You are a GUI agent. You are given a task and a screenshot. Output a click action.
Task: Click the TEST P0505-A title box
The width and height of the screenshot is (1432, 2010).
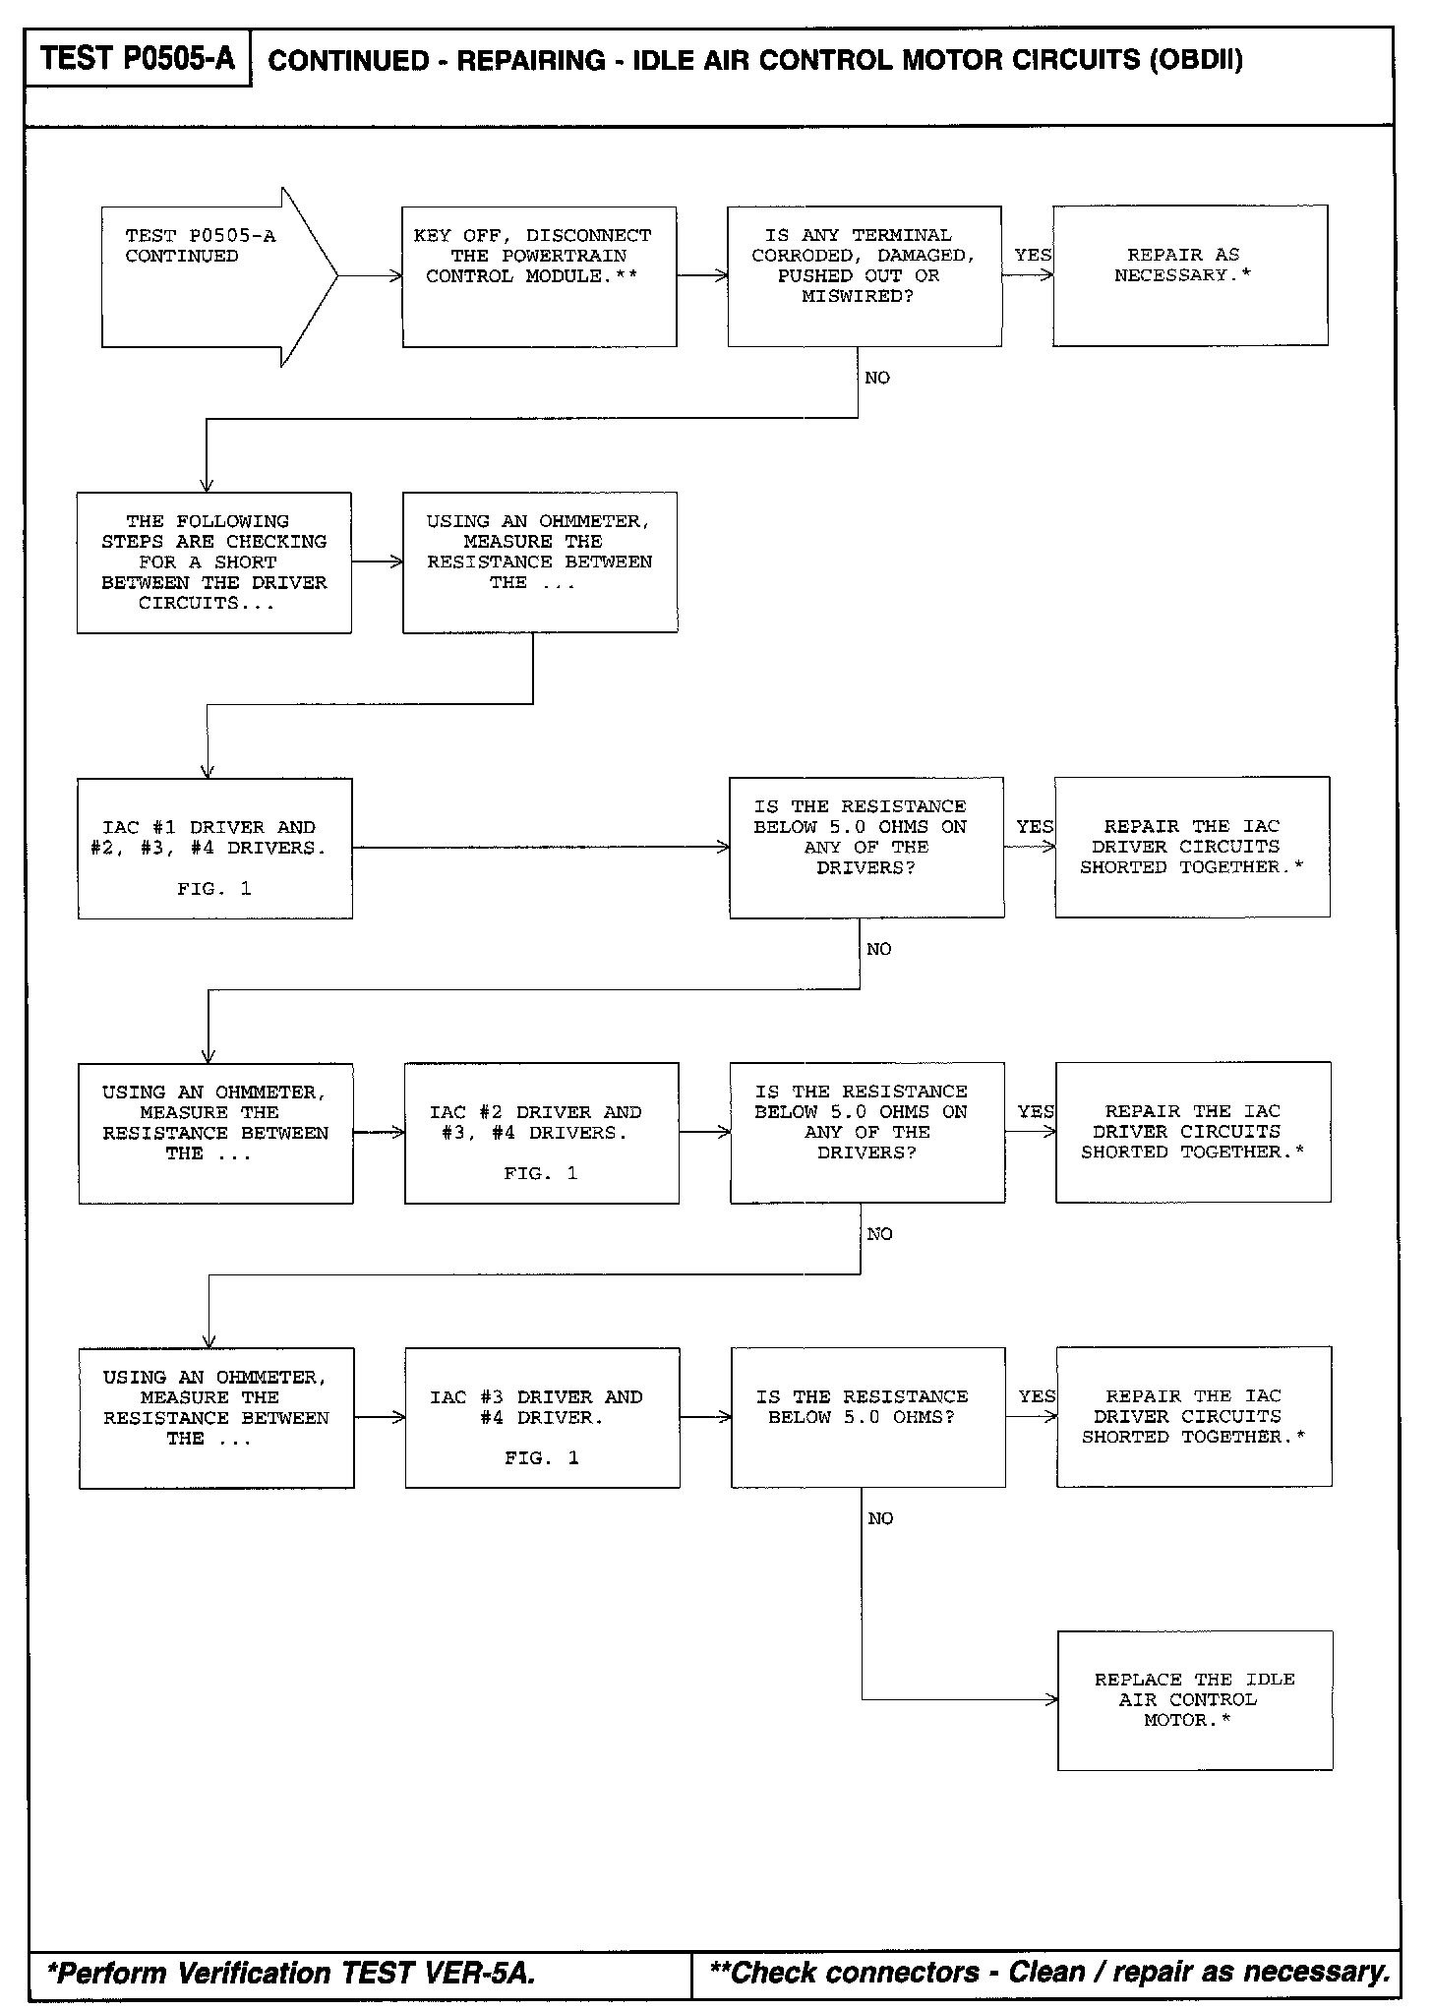(x=139, y=59)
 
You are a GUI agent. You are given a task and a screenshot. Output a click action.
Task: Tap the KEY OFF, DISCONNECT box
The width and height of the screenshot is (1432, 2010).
(x=539, y=276)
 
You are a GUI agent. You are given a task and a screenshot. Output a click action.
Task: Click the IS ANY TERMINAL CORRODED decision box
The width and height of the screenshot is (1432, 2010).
(x=865, y=276)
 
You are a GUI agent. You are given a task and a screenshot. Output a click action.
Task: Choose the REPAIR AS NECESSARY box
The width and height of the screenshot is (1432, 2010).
(x=1190, y=275)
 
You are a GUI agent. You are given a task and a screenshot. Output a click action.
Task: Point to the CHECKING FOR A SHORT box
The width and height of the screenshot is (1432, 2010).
(x=214, y=562)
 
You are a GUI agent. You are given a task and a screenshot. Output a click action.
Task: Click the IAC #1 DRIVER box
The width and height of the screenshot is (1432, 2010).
(x=215, y=848)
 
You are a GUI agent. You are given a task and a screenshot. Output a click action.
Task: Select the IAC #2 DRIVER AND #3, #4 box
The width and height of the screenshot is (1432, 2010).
(x=542, y=1133)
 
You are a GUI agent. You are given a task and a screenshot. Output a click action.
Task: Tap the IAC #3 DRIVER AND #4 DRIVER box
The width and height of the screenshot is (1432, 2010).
(x=542, y=1417)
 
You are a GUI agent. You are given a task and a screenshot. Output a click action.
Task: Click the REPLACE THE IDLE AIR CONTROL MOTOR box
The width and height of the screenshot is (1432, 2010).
(x=1195, y=1700)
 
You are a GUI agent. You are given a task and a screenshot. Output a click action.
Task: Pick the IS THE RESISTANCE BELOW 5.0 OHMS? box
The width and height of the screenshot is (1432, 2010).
(x=868, y=1417)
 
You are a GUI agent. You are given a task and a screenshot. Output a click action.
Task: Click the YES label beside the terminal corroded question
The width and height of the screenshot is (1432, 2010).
(x=1033, y=256)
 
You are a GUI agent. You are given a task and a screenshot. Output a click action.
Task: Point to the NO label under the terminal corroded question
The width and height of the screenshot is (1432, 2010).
(x=877, y=379)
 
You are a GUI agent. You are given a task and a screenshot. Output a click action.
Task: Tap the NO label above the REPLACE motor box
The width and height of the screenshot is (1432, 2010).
(x=881, y=1519)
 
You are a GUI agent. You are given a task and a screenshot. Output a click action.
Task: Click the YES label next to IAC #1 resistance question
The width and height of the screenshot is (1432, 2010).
(x=1035, y=827)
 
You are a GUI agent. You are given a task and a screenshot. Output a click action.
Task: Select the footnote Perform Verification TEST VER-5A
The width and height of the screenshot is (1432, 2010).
(x=292, y=1973)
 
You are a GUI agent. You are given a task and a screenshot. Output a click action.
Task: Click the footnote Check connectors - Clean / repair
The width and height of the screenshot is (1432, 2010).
(x=1049, y=1972)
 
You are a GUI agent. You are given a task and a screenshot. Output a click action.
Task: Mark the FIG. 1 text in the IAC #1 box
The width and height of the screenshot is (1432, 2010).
(x=214, y=889)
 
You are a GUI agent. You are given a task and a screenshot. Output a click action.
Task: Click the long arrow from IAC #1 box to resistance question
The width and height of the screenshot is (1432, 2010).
(x=541, y=847)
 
